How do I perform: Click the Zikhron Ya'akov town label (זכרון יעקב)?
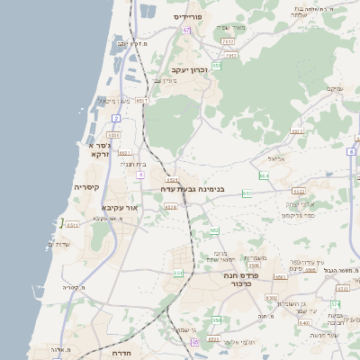[x=189, y=69]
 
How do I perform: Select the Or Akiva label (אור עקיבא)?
[x=120, y=208]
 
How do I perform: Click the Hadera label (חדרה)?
[x=122, y=354]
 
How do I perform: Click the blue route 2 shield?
[x=115, y=118]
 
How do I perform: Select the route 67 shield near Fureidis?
[x=186, y=30]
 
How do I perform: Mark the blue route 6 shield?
[x=351, y=152]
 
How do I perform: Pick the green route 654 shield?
[x=263, y=175]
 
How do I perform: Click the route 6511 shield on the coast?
[x=73, y=224]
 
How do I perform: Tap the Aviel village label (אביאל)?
[x=277, y=158]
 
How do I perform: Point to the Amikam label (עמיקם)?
[x=334, y=88]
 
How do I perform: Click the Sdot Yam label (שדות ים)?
[x=58, y=244]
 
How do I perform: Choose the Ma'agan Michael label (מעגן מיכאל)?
[x=112, y=101]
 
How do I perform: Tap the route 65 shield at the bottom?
[x=194, y=342]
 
